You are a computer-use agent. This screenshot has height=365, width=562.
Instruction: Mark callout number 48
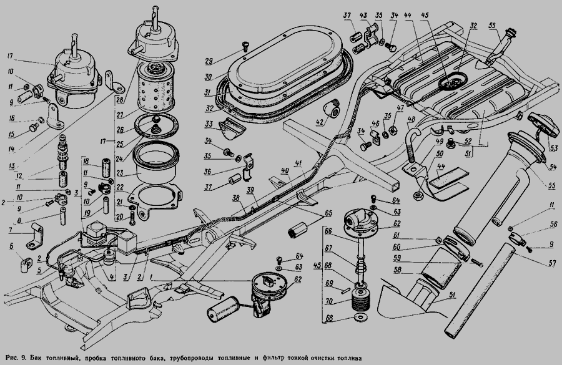412,119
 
